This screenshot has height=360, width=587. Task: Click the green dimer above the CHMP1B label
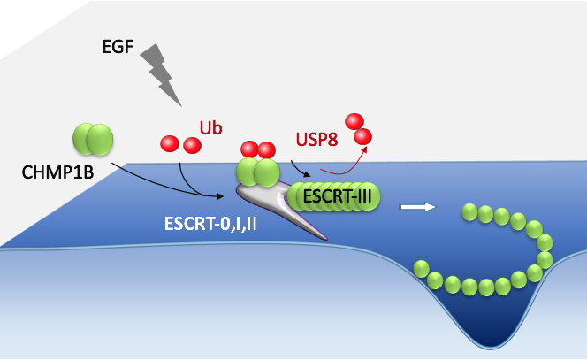pos(93,139)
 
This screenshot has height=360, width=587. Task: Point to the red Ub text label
pos(210,128)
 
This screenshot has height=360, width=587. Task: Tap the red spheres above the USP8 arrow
pos(357,128)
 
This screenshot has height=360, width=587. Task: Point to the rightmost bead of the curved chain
pos(545,258)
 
